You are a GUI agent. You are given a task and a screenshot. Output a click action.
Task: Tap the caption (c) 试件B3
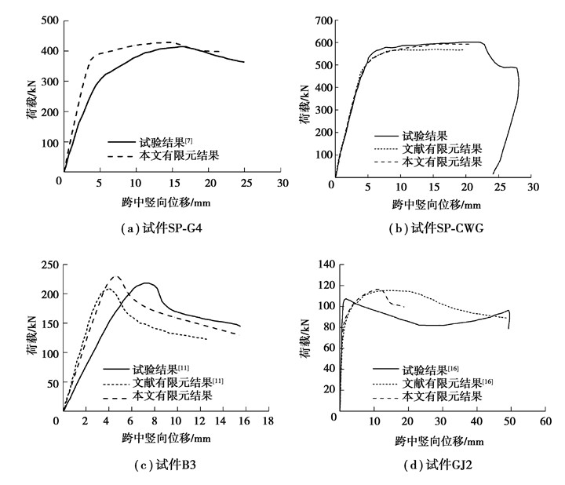point(155,465)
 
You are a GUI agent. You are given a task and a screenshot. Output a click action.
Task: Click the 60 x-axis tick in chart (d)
point(545,421)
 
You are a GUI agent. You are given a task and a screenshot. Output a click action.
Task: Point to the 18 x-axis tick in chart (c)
point(268,421)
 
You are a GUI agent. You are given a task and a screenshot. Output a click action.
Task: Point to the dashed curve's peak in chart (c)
point(115,276)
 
